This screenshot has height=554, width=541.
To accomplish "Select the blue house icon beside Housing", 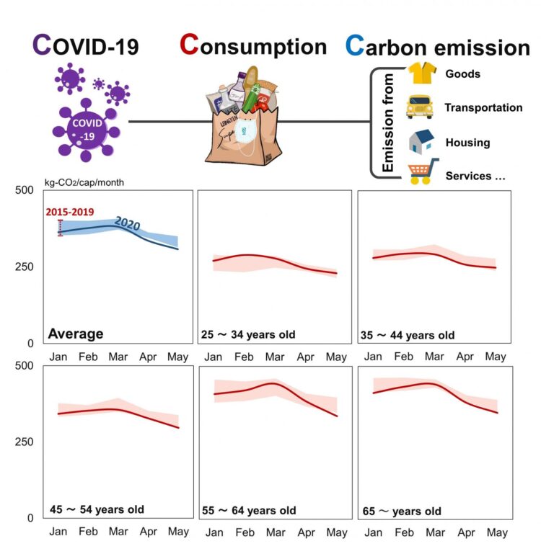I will tap(421, 141).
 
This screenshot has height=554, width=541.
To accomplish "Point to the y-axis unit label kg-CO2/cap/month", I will tap(85, 182).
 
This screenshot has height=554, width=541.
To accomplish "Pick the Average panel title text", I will tap(76, 334).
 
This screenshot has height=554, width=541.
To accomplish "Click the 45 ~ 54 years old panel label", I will tap(97, 510).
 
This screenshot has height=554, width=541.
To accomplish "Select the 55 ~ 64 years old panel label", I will tap(250, 511).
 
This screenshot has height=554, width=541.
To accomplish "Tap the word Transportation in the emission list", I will tap(483, 107).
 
